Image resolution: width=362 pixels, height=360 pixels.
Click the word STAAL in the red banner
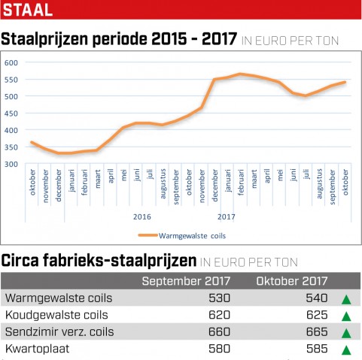point(28,10)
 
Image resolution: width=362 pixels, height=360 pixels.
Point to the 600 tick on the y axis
point(11,62)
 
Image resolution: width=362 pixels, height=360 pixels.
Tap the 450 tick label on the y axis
point(11,113)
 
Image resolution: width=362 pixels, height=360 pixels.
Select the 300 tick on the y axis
point(11,165)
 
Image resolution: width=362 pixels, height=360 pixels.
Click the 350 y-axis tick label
point(11,147)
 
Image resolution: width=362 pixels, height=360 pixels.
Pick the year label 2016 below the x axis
point(142,216)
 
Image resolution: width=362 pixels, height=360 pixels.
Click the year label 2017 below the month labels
point(227,216)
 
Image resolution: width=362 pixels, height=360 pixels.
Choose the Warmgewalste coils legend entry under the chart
point(182,236)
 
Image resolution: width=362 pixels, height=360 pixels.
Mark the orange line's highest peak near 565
point(240,74)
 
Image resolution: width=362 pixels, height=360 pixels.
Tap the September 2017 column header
point(186,281)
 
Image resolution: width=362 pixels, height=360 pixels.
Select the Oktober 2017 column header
point(292,281)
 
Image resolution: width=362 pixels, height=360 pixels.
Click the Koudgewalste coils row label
point(56,315)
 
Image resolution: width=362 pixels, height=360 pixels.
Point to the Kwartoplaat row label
point(37,349)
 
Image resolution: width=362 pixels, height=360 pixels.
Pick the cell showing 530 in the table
point(219,298)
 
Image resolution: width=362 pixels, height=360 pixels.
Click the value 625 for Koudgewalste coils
point(317,315)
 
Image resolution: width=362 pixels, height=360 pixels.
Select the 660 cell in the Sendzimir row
point(219,332)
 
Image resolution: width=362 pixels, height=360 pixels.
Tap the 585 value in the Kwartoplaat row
point(317,349)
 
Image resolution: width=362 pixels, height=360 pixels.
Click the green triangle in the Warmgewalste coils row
point(346,300)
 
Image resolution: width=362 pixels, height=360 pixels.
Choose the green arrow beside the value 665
point(346,334)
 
